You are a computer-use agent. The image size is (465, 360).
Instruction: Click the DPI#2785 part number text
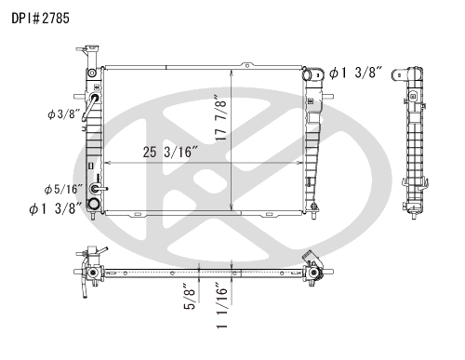(x=38, y=18)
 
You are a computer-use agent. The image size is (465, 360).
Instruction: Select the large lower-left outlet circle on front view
(x=94, y=202)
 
